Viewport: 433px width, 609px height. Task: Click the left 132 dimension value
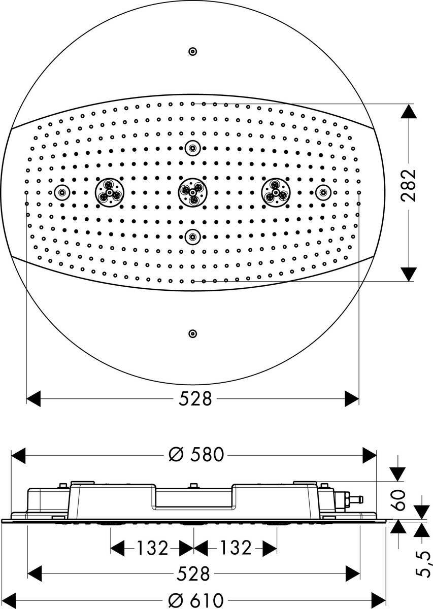pyautogui.click(x=151, y=548)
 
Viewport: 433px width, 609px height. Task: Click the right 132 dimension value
pyautogui.click(x=235, y=548)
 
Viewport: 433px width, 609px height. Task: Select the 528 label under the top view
pyautogui.click(x=195, y=399)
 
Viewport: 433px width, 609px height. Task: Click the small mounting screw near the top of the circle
pyautogui.click(x=192, y=51)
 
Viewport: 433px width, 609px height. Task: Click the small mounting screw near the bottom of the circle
pyautogui.click(x=192, y=333)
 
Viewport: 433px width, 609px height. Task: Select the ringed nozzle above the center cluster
pyautogui.click(x=192, y=148)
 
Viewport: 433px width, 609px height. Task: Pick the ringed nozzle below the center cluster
pyautogui.click(x=192, y=235)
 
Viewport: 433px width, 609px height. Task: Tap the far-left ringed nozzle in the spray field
pyautogui.click(x=62, y=192)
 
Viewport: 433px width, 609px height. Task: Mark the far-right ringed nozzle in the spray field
pyautogui.click(x=322, y=192)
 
